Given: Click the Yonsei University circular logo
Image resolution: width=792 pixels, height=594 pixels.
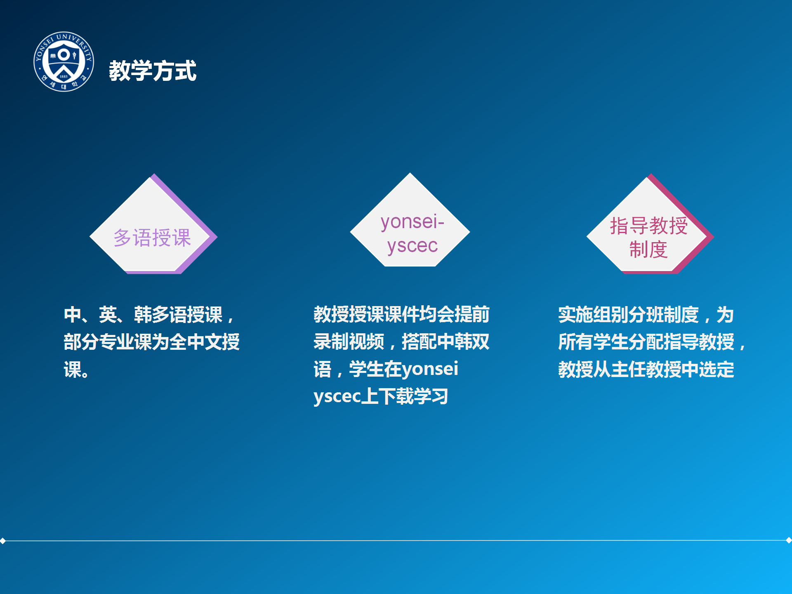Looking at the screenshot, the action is coord(64,62).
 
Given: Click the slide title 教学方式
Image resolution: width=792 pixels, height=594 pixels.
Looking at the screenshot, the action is coord(153,71).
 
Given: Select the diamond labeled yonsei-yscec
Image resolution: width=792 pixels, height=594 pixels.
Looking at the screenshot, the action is coord(410,220).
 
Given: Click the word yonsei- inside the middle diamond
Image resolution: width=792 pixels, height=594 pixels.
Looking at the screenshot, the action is coord(412,222).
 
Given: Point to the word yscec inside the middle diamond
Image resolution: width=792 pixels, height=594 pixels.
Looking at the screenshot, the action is coord(412,246).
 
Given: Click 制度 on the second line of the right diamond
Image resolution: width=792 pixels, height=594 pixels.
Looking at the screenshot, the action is coord(648,250).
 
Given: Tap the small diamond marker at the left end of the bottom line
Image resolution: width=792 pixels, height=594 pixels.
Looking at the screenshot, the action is coord(3,540).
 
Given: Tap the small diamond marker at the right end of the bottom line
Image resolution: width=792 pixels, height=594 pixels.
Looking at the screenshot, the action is coord(789,540).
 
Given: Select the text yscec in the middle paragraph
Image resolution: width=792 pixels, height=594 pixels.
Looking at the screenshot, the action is coord(337,396).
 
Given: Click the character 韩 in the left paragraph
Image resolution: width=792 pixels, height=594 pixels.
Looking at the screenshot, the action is coord(143,315).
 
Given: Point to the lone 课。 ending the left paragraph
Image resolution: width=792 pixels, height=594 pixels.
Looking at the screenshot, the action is coord(76,370).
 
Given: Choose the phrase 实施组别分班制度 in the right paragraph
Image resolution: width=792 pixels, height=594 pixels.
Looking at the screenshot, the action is coord(628,315).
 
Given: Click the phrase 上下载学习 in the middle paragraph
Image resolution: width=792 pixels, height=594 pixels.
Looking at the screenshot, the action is coord(405,396).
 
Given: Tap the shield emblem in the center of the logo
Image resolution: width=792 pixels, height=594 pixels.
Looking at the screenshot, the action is coord(64,60).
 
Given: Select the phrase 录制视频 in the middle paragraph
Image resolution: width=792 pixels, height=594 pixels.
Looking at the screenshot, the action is coord(349,342).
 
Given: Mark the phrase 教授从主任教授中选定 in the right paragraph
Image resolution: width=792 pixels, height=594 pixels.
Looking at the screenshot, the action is coord(646,370).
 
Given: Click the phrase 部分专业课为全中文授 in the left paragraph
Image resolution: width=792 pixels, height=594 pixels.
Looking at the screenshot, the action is coord(152,342).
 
